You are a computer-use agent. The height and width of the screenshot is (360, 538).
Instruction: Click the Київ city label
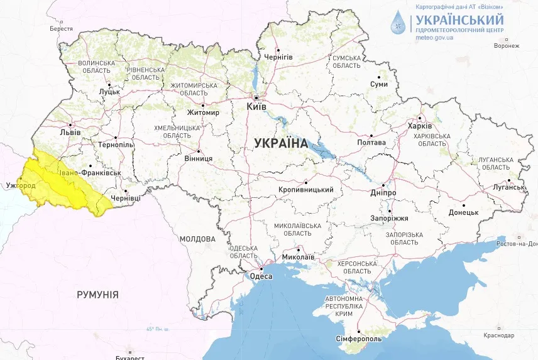256,107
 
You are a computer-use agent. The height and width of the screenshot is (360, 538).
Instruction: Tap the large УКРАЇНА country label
281,143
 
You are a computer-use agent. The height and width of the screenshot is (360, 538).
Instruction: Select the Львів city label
69,133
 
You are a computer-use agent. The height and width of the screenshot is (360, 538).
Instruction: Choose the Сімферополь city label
360,339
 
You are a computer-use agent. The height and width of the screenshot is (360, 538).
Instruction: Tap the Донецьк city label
464,212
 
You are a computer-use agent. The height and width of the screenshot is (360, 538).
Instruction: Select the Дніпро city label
383,192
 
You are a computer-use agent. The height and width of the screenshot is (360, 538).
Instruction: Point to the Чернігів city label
278,57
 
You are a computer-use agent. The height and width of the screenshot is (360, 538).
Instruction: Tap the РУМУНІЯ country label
97,294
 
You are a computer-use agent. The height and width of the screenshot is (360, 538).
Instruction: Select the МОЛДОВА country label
197,239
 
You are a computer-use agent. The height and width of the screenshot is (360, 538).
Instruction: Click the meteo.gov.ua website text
434,38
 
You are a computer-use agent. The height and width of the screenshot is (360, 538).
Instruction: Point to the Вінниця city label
198,159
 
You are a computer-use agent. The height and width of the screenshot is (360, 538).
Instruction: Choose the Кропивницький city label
305,190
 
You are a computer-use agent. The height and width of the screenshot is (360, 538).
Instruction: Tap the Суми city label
378,84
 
